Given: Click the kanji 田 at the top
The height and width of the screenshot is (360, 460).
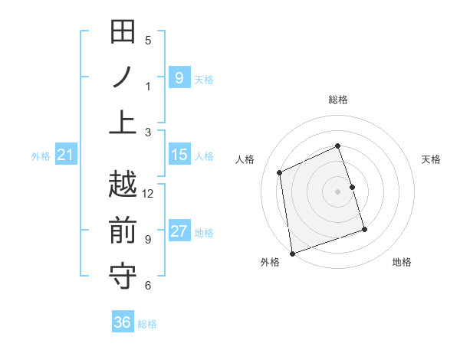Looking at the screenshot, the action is [x=123, y=33].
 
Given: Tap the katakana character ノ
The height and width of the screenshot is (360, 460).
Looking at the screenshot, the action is [x=123, y=77].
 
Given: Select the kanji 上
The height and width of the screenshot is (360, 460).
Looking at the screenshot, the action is [x=123, y=121].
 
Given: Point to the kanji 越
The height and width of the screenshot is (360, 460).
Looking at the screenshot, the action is [x=123, y=185].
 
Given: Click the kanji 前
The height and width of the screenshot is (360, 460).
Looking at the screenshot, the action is [x=123, y=230].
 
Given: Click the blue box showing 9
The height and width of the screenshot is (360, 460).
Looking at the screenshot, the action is [x=179, y=78].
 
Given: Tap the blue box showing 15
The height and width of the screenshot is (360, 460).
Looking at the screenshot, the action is [x=179, y=155].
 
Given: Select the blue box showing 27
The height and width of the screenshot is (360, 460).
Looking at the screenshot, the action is [x=179, y=232].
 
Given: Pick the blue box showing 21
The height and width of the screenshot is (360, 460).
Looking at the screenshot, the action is [x=65, y=155].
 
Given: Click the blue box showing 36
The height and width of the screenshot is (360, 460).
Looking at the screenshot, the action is [x=123, y=322].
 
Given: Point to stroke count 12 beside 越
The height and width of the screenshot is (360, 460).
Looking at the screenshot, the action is [x=148, y=193].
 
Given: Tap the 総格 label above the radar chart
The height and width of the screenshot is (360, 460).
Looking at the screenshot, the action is [x=338, y=100].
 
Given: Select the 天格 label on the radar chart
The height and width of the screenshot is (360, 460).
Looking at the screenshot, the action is [x=432, y=159].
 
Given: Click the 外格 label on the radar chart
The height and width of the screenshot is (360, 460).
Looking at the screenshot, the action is [x=270, y=262].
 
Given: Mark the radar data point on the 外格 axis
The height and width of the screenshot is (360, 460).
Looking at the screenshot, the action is [x=291, y=253].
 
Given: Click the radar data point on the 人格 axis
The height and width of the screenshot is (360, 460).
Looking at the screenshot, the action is [x=281, y=172].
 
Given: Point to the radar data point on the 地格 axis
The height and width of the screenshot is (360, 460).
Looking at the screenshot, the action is [x=364, y=229].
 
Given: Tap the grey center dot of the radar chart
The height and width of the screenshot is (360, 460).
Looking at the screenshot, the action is [x=338, y=191].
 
